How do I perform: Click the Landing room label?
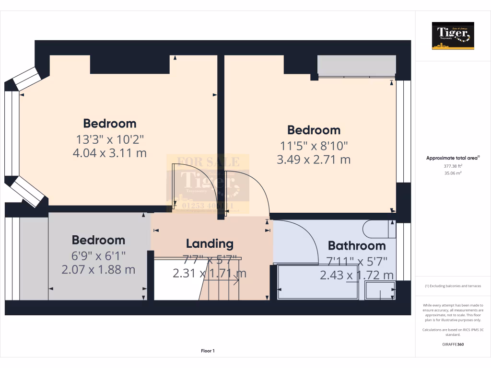210,243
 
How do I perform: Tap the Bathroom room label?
356,246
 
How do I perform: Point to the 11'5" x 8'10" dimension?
314,145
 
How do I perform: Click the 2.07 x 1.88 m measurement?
98,270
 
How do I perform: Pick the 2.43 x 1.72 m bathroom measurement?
357,276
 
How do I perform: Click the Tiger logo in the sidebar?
453,36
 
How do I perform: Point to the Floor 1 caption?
208,351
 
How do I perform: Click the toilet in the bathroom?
379,229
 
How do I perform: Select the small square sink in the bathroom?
380,290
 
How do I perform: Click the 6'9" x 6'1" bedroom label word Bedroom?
98,240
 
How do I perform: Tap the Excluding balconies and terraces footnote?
453,286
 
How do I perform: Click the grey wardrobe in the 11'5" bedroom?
357,66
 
